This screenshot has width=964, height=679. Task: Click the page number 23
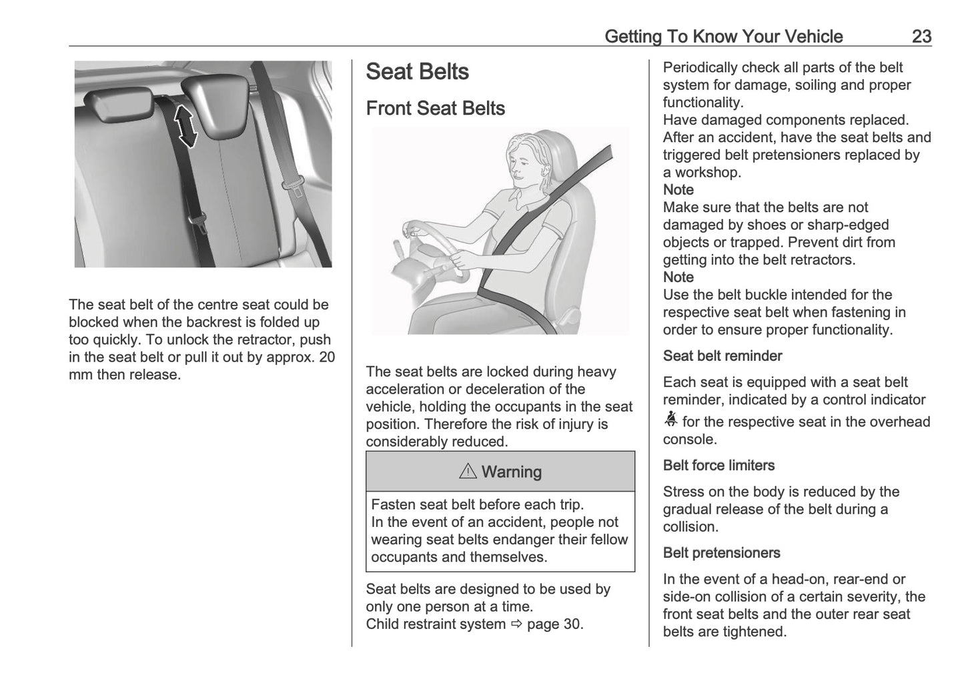[921, 36]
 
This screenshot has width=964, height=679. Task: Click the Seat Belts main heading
[417, 72]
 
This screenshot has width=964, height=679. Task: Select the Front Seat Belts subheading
[435, 108]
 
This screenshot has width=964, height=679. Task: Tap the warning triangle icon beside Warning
[468, 472]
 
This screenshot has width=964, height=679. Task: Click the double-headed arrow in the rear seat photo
[186, 127]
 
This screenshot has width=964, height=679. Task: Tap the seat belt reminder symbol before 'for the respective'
[670, 420]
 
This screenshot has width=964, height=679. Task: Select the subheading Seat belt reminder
[722, 356]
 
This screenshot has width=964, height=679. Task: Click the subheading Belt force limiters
[718, 465]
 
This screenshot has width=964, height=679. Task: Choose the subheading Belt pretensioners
[721, 552]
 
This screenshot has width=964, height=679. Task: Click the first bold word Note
[678, 189]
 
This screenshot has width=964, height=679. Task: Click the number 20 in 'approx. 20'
[326, 357]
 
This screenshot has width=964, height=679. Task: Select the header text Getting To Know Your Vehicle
[723, 36]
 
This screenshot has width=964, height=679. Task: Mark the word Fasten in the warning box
[394, 505]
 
